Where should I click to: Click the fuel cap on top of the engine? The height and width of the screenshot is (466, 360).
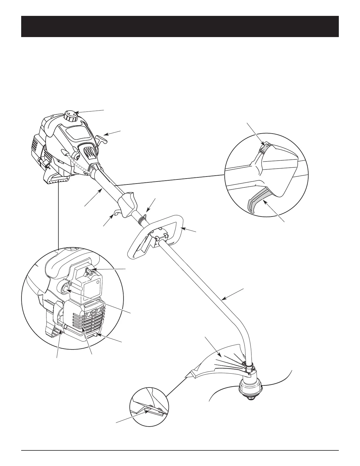tap(71, 115)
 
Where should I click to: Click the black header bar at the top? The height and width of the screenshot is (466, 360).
tap(180, 26)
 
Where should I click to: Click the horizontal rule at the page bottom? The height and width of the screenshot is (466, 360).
tap(180, 450)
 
